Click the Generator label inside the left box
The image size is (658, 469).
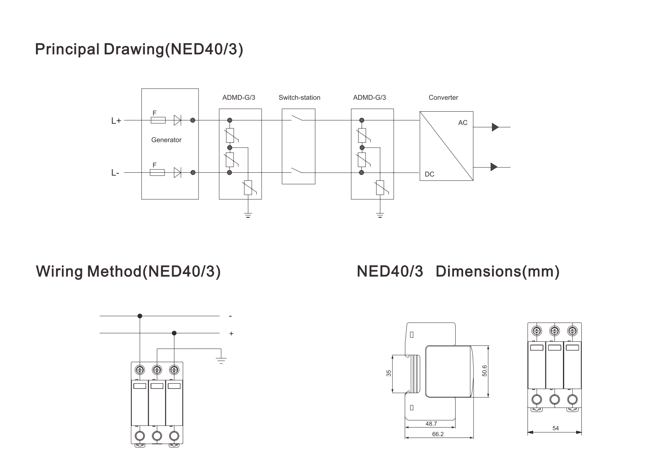[x=166, y=140]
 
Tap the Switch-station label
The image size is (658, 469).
[x=299, y=97]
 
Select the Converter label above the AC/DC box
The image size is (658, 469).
[x=443, y=97]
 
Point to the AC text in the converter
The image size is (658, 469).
[x=463, y=123]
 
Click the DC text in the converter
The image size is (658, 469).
[x=430, y=174]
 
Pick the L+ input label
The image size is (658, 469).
[x=116, y=120]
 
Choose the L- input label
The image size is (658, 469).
[x=115, y=173]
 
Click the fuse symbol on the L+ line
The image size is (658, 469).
[x=158, y=120]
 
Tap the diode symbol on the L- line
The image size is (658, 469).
[x=177, y=173]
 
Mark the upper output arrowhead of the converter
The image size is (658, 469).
[x=495, y=127]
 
